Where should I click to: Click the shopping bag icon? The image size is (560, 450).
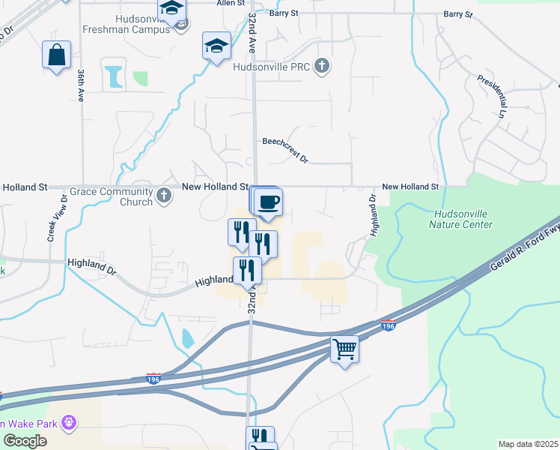click(x=57, y=55)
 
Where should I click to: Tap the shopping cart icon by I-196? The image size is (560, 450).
click(x=344, y=349)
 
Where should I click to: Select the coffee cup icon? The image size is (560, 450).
click(x=268, y=202)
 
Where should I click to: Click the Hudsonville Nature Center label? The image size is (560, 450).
click(x=461, y=219)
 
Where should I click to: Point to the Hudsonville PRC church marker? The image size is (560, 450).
click(x=322, y=66)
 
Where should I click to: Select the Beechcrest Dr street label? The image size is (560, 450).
click(x=285, y=150)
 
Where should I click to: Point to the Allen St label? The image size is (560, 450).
click(x=225, y=4)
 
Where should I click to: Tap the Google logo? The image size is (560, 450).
click(x=25, y=440)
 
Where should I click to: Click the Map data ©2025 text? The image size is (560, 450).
click(x=528, y=444)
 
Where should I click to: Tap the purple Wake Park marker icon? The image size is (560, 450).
click(x=69, y=424)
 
